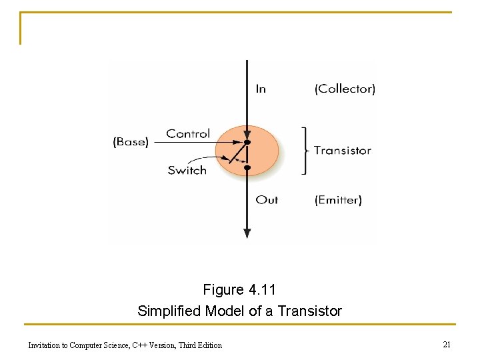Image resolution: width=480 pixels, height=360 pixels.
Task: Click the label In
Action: tap(261, 89)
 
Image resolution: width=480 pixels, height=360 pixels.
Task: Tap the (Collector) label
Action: tap(345, 89)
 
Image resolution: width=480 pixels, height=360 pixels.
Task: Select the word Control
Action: tap(188, 134)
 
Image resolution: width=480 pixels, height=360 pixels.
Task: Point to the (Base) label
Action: tap(131, 142)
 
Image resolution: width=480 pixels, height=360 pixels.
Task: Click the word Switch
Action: tap(187, 170)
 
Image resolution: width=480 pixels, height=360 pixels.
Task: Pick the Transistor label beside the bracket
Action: tap(343, 151)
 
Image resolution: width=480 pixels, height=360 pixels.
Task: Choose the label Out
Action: tap(267, 199)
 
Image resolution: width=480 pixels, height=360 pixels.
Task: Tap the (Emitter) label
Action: tap(338, 199)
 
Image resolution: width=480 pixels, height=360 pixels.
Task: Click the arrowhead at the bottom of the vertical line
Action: tap(247, 233)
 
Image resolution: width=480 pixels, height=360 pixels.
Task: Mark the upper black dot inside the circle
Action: tap(247, 143)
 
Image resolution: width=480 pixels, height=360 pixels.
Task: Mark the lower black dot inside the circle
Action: tap(247, 168)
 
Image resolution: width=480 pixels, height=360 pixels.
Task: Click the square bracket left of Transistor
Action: tap(305, 151)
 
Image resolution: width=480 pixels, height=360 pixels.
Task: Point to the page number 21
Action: tap(447, 344)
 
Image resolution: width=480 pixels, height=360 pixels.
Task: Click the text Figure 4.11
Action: tap(239, 290)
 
